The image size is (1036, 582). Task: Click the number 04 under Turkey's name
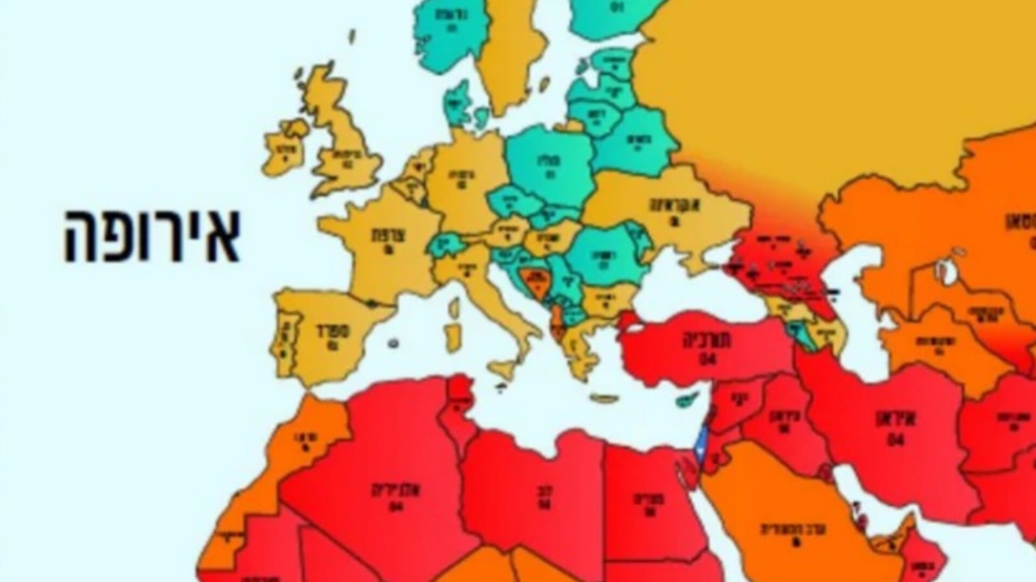click(x=708, y=358)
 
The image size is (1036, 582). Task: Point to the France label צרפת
click(x=383, y=234)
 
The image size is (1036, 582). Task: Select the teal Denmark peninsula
click(x=459, y=100)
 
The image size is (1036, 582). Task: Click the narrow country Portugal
click(x=283, y=337)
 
